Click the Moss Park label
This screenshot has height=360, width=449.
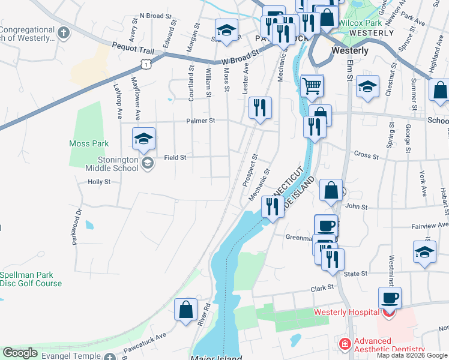89,143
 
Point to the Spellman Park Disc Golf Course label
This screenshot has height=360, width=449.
31,279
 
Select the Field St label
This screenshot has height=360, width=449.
175,158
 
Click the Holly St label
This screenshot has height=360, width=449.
100,181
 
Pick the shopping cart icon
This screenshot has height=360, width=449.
312,85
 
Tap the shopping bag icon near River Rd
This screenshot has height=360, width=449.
186,310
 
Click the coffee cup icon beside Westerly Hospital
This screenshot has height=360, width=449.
390,298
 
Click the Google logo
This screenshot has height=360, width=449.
20,353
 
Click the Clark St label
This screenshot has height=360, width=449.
322,289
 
